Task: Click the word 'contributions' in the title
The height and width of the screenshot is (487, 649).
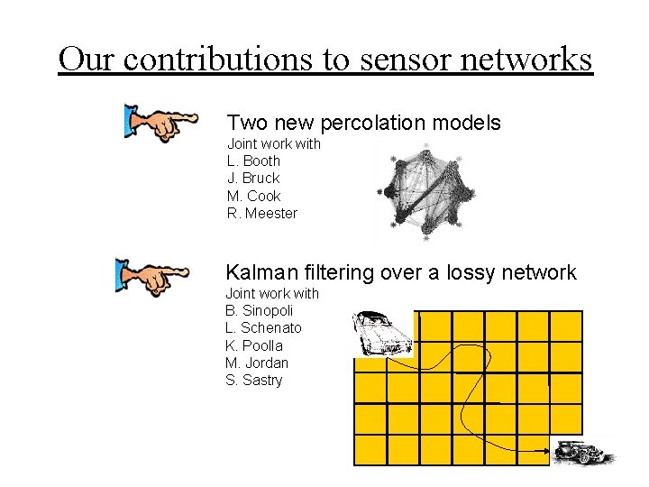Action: click(195, 60)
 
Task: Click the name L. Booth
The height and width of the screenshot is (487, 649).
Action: click(253, 161)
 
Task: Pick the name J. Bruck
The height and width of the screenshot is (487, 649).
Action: click(253, 179)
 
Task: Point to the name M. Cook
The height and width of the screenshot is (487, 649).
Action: click(253, 196)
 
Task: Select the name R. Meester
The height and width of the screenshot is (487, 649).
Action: click(261, 214)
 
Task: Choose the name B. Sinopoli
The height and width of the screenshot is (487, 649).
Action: click(260, 311)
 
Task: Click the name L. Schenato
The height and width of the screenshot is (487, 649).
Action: click(263, 328)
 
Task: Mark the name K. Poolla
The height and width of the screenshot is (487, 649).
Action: click(253, 345)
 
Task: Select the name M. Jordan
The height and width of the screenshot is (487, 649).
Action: click(257, 363)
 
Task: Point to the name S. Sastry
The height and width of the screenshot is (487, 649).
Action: click(253, 381)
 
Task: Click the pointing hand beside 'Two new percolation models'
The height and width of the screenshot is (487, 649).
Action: click(162, 124)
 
